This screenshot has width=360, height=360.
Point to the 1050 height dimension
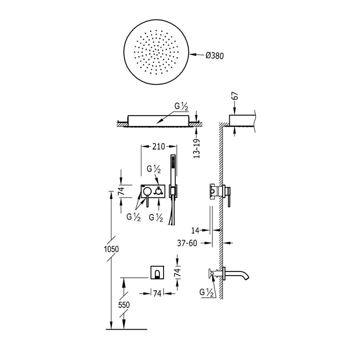[x=111, y=248]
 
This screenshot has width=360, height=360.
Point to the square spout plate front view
[x=157, y=272]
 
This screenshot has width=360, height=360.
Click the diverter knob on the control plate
[x=159, y=191]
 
